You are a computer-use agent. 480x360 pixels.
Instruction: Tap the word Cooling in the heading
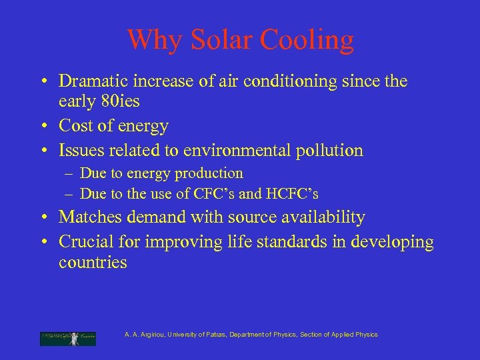coord(307,40)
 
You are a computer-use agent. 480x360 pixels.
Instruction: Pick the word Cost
coord(75,125)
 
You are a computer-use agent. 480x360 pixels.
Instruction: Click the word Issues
coord(81,149)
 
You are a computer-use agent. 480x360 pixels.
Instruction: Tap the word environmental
coord(242,149)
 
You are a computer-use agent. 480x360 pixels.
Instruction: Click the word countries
coord(93,262)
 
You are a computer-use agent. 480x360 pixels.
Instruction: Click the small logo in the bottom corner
coord(68,338)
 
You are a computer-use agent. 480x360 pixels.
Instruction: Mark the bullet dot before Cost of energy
coord(42,125)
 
